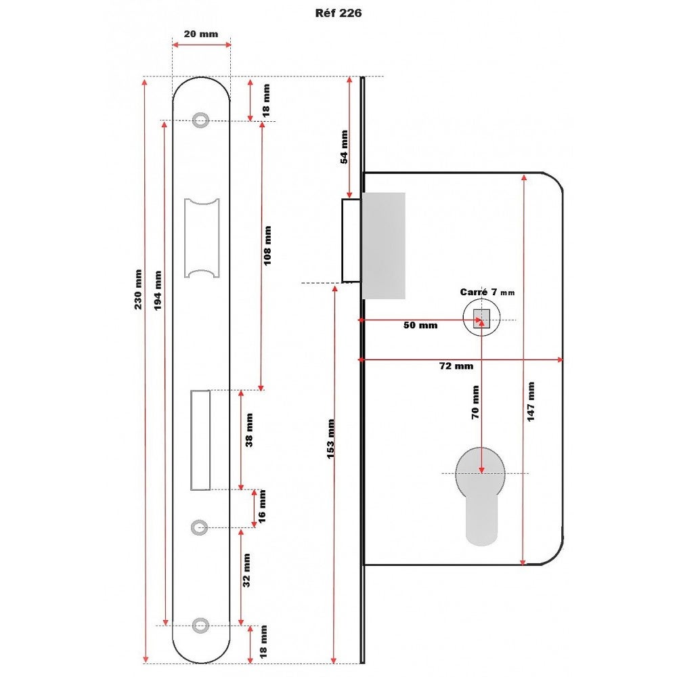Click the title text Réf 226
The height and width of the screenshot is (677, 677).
click(x=338, y=13)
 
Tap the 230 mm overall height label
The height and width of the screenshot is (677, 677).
click(x=138, y=290)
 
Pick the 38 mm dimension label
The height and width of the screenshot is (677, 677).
click(x=248, y=430)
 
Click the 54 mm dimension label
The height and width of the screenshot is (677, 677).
click(x=344, y=147)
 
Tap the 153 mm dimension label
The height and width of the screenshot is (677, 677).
click(x=331, y=439)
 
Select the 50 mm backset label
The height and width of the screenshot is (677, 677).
click(x=420, y=326)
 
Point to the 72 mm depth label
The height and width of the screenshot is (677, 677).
click(x=456, y=366)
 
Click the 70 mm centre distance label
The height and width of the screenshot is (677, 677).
click(x=475, y=403)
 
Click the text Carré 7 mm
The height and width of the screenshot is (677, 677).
click(x=487, y=292)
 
